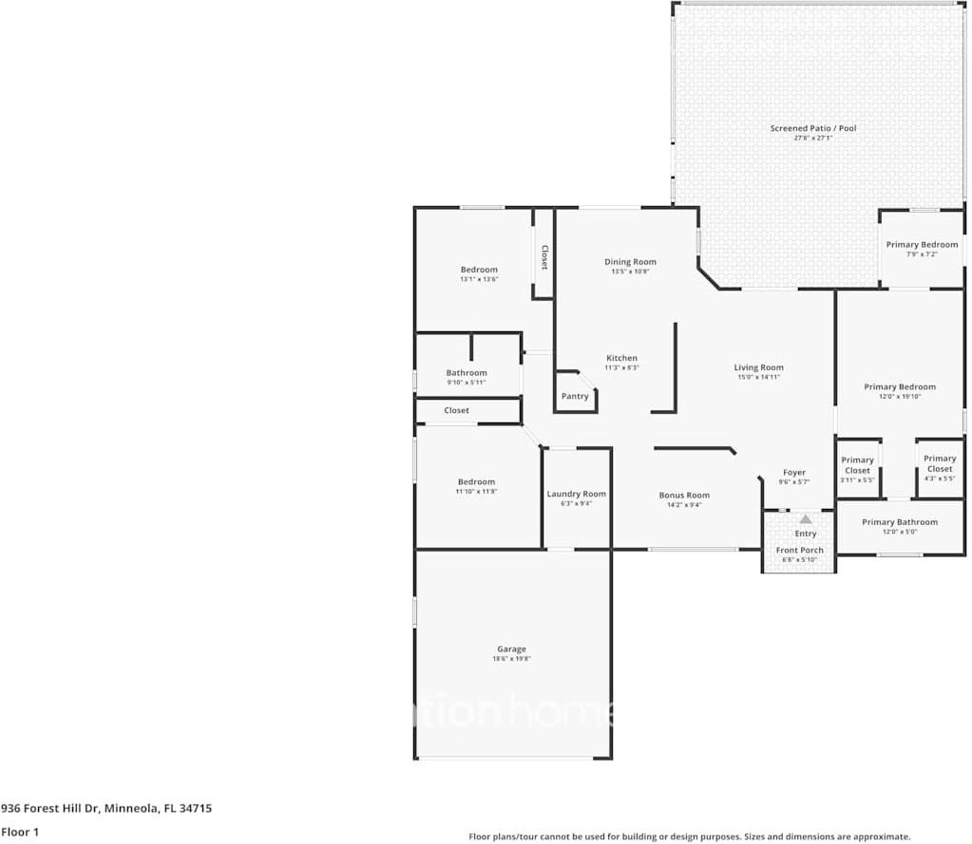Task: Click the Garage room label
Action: click(x=511, y=649)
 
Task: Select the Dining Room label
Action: click(x=630, y=262)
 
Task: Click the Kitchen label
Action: click(x=621, y=358)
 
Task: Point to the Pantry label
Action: click(x=575, y=396)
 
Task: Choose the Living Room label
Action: click(x=758, y=367)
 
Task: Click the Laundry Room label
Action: click(x=576, y=494)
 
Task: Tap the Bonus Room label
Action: click(x=684, y=495)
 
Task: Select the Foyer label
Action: click(x=793, y=473)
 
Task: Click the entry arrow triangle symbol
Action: click(x=805, y=519)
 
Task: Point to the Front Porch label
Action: click(x=799, y=550)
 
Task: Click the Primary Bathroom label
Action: click(x=899, y=522)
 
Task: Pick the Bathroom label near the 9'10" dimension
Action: click(x=467, y=373)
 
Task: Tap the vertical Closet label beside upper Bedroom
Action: click(x=544, y=257)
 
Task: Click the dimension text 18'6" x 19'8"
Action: click(x=511, y=659)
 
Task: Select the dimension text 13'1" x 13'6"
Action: click(x=479, y=280)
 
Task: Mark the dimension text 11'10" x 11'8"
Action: click(x=476, y=492)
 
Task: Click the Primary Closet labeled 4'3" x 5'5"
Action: click(x=939, y=463)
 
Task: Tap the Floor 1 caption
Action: click(x=20, y=832)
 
